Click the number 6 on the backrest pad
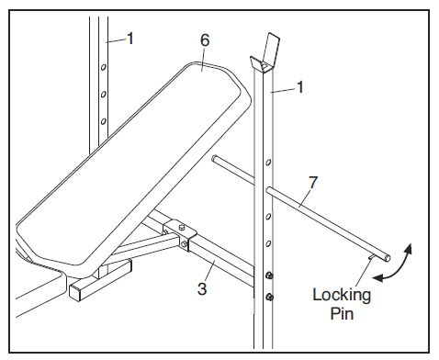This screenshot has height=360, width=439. pyautogui.click(x=205, y=40)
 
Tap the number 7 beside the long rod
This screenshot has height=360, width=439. pyautogui.click(x=312, y=183)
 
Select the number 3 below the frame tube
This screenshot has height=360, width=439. pyautogui.click(x=202, y=288)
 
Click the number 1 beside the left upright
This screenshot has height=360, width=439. pyautogui.click(x=130, y=39)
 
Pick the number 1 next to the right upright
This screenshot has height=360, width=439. pyautogui.click(x=300, y=87)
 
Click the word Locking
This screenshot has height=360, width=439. pyautogui.click(x=342, y=295)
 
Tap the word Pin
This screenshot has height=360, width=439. pyautogui.click(x=342, y=314)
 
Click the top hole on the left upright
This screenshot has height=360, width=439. pyautogui.click(x=104, y=66)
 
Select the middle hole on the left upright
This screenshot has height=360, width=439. pyautogui.click(x=104, y=94)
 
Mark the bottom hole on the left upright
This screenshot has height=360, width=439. pyautogui.click(x=104, y=121)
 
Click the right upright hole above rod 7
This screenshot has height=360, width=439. pyautogui.click(x=268, y=162)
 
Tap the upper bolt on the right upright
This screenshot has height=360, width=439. pyautogui.click(x=269, y=276)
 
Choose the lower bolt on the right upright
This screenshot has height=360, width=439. pyautogui.click(x=270, y=297)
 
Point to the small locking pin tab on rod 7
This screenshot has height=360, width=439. pyautogui.click(x=372, y=257)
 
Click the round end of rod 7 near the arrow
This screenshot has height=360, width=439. pyautogui.click(x=388, y=258)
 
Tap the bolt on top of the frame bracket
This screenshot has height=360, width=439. pyautogui.click(x=181, y=227)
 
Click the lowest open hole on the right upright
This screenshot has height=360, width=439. pyautogui.click(x=268, y=244)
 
